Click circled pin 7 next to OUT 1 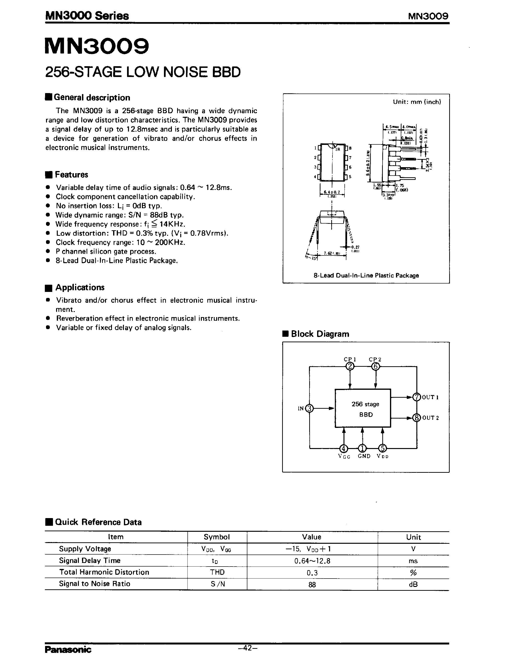(x=417, y=397)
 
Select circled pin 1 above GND (x=363, y=448)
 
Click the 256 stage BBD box (x=363, y=408)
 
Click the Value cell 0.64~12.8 (x=312, y=561)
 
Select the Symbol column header (x=217, y=537)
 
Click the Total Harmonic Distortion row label (x=104, y=572)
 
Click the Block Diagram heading (x=320, y=334)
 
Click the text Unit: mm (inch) (x=417, y=102)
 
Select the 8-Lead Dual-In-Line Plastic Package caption (x=366, y=275)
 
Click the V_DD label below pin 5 (x=383, y=456)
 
